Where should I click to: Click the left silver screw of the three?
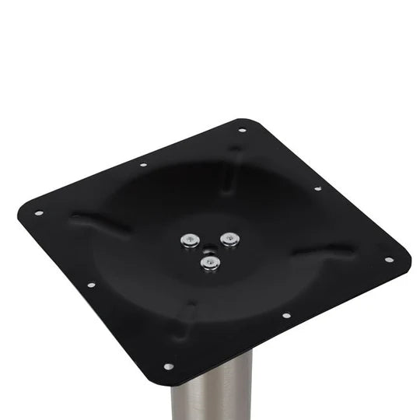pos(187,240)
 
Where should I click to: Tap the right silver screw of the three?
pos(228,238)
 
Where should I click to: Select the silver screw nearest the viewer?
pos(208,264)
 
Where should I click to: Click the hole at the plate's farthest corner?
pos(242,130)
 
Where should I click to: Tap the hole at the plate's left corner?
pos(37,212)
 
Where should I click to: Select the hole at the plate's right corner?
pos(388,260)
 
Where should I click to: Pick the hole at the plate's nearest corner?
pos(168,366)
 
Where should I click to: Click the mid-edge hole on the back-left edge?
pos(143,165)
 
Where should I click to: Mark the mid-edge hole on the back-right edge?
pos(317,188)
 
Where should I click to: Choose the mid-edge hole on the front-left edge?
pos(91,285)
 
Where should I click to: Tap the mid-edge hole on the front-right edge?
pos(286,316)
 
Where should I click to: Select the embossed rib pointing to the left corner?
pos(101,224)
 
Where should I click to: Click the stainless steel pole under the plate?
pos(212,393)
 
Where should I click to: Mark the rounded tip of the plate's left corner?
pos(21,208)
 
